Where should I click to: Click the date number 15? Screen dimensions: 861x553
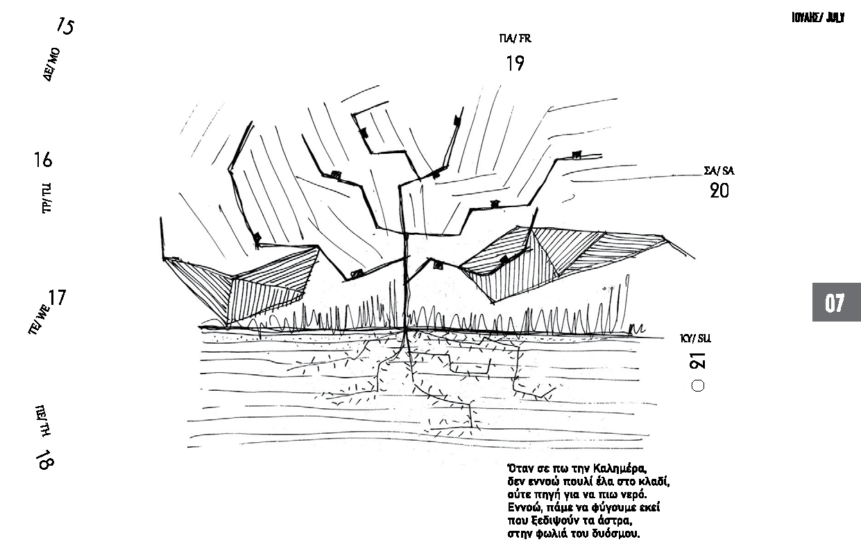[x=65, y=26]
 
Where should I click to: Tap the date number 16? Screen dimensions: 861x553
[x=42, y=160]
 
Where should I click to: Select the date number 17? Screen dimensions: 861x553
[x=57, y=297]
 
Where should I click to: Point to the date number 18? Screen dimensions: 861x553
[x=45, y=459]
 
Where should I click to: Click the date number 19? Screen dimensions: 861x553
[x=515, y=63]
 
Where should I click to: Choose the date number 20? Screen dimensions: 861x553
[x=719, y=191]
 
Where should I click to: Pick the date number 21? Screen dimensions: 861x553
[x=698, y=361]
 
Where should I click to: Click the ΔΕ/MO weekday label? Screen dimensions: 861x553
[x=51, y=64]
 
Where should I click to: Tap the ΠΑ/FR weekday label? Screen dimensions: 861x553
[x=515, y=38]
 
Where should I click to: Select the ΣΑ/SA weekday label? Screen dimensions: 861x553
[x=719, y=170]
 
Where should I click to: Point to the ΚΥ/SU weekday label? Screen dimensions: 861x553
[x=695, y=338]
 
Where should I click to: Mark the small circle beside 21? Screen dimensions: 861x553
[x=698, y=385]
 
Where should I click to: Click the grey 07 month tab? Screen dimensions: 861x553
[x=837, y=302]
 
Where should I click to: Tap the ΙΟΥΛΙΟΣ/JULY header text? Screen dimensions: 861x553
[x=818, y=17]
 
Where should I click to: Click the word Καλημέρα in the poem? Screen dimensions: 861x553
[x=620, y=469]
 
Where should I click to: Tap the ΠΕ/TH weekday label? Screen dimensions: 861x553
[x=42, y=421]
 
